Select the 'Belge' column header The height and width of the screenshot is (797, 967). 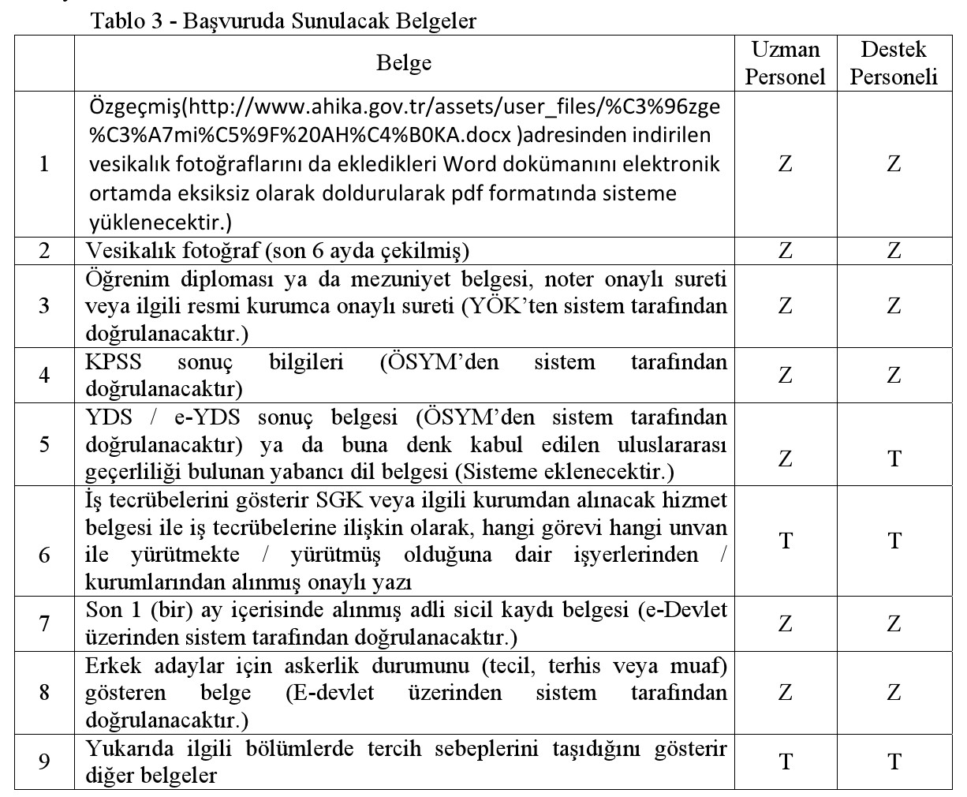404,63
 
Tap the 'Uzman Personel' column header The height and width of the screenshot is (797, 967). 785,63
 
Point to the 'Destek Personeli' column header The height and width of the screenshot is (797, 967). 894,63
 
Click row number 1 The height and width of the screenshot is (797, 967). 44,164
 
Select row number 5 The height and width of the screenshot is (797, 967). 44,444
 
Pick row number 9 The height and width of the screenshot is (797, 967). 44,761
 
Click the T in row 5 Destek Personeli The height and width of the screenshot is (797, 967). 894,458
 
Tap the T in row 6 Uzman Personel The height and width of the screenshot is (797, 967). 785,541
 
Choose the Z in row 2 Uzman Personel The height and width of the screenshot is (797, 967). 785,251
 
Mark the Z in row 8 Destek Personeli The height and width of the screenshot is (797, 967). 894,693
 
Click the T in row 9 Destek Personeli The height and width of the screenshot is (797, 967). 894,761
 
